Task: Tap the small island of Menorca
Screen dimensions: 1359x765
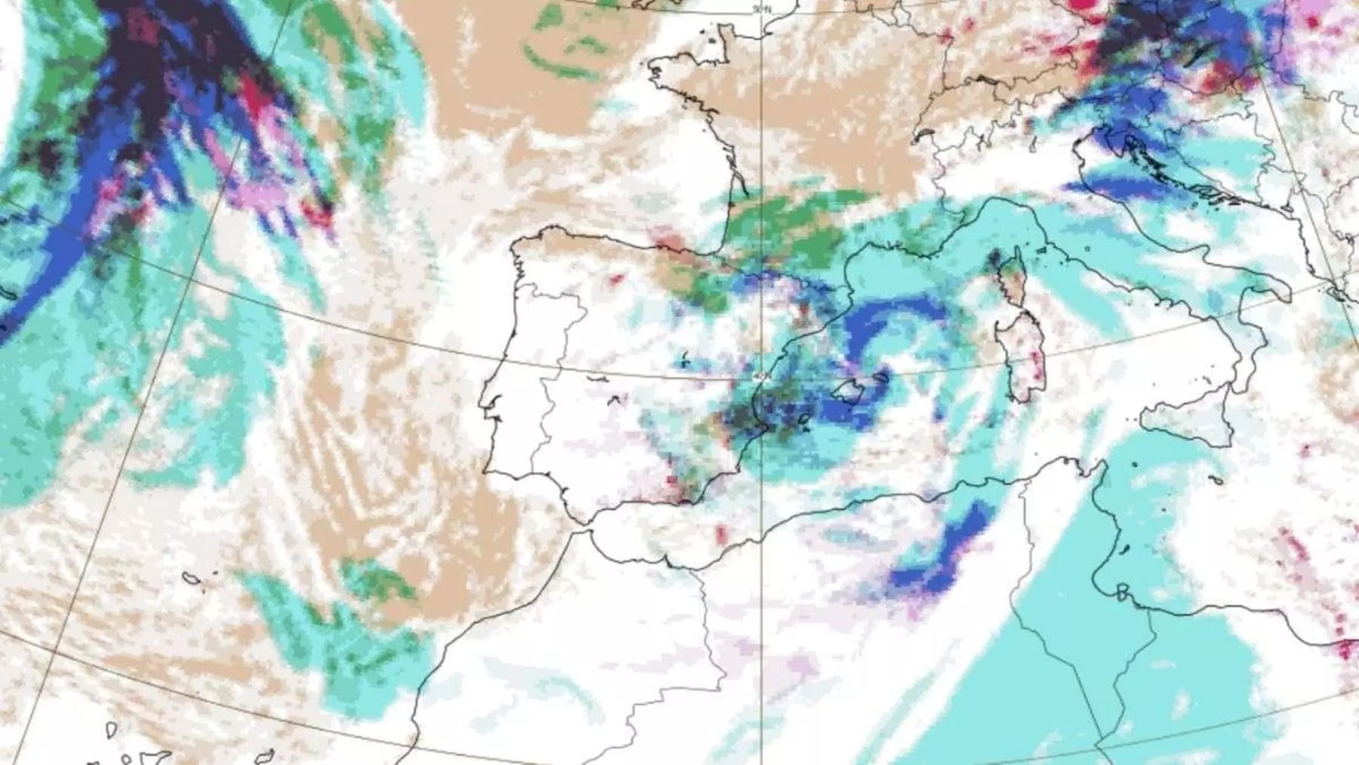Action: coord(880,375)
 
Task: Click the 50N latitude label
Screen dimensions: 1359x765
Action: coord(762,9)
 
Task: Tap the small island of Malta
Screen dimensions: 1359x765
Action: coord(1215,479)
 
